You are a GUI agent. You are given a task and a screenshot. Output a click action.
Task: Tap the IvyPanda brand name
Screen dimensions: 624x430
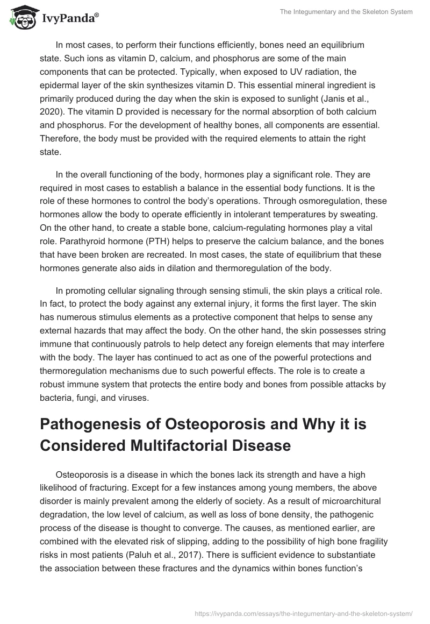pyautogui.click(x=68, y=18)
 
